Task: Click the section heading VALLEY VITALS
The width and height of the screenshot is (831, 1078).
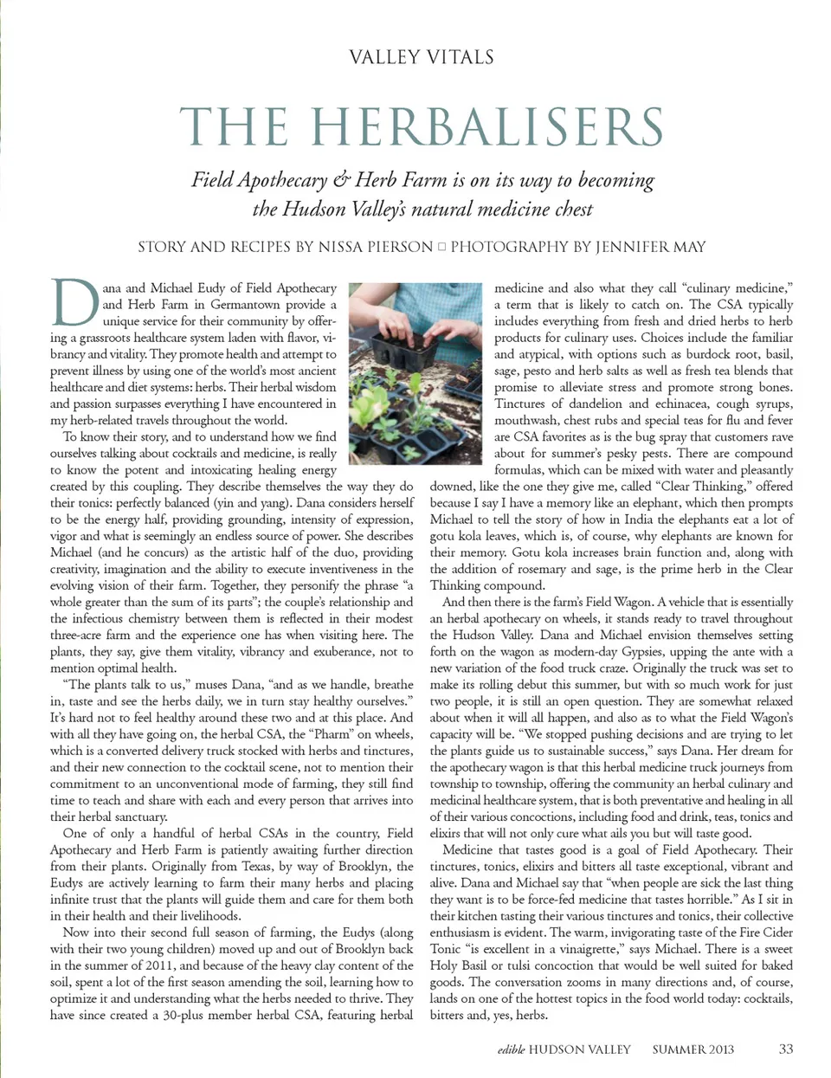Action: tap(422, 58)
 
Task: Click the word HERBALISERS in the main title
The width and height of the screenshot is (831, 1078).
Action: tap(486, 127)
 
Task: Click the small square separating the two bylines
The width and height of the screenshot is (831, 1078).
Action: tap(441, 247)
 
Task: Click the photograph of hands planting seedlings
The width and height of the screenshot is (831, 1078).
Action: tap(415, 372)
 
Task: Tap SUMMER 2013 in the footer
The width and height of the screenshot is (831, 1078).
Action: tap(692, 1049)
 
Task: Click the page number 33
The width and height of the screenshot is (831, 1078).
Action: tap(785, 1049)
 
